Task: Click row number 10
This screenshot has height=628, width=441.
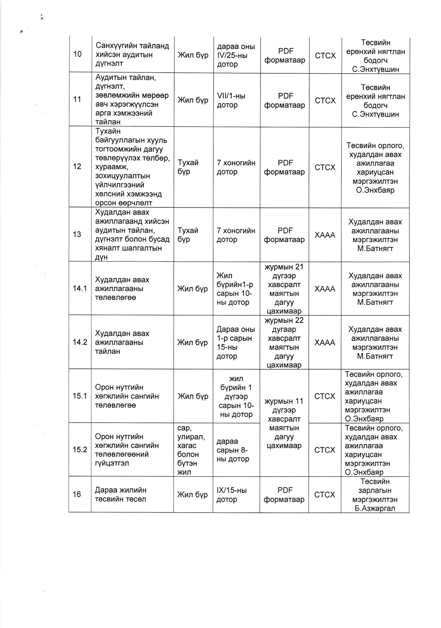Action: (77, 54)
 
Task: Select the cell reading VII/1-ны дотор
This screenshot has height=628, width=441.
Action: (231, 100)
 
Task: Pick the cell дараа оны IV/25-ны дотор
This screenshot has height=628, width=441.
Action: (236, 56)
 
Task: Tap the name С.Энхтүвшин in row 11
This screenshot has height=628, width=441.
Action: (375, 114)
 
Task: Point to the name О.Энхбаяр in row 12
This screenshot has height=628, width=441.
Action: (375, 190)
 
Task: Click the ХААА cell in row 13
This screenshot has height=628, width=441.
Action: (324, 235)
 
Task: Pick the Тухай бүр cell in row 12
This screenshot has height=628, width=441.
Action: (188, 167)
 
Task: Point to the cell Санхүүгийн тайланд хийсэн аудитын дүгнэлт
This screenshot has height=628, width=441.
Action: (132, 54)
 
